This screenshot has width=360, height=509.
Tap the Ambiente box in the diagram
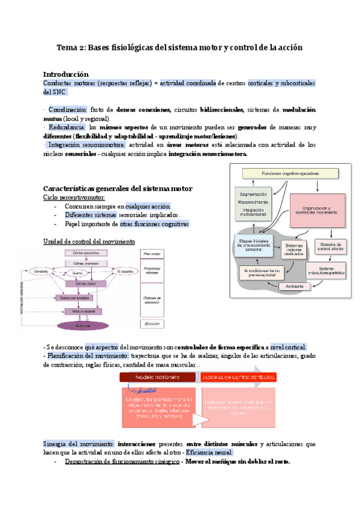point(293,286)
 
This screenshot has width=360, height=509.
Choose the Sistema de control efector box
point(331,247)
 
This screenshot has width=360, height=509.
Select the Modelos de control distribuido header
point(238,378)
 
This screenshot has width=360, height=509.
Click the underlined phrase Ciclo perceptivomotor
point(74,197)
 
